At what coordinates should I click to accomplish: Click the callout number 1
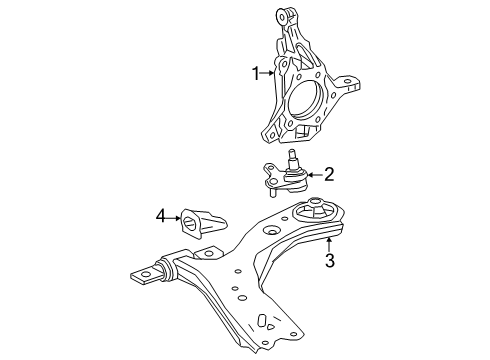click(x=256, y=72)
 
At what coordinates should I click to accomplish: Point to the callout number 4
click(x=159, y=213)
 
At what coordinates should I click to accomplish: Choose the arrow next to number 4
click(x=174, y=213)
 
